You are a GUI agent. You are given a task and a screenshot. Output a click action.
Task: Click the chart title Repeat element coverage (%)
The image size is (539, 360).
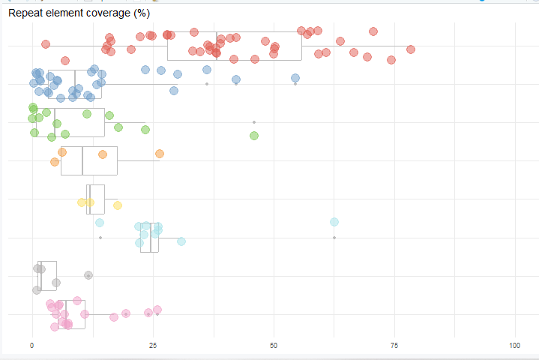79,13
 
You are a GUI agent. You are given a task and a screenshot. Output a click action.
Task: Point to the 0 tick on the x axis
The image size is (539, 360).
31,345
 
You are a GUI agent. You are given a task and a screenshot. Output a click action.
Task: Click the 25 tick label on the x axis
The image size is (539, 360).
153,345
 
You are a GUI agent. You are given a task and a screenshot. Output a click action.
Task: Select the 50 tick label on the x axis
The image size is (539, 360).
274,345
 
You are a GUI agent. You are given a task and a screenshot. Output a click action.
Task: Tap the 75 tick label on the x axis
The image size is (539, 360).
394,345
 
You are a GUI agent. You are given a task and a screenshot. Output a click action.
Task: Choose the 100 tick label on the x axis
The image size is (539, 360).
515,345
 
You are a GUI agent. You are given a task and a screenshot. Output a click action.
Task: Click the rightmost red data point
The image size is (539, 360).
411,49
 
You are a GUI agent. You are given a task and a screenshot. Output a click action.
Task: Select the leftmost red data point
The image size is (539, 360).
46,44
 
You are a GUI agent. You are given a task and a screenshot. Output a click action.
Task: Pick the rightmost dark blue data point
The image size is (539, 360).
295,78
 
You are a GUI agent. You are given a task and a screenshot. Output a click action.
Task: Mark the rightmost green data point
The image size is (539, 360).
254,136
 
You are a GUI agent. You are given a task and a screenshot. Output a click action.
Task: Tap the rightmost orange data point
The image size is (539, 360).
159,154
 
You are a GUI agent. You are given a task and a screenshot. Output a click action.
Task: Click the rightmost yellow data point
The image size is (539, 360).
118,205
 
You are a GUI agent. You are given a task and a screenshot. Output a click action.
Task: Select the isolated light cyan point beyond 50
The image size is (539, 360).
334,222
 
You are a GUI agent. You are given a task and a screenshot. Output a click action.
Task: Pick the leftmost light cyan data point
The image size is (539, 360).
100,223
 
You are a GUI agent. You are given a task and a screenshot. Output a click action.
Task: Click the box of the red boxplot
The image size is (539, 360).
234,46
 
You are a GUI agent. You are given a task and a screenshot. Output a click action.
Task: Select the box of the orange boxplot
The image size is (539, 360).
88,160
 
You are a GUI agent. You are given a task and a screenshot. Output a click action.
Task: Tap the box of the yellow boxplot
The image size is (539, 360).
96,199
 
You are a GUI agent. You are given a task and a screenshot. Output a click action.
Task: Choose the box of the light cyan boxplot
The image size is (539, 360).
149,238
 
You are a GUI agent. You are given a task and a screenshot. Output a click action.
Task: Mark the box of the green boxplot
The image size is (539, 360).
69,122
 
